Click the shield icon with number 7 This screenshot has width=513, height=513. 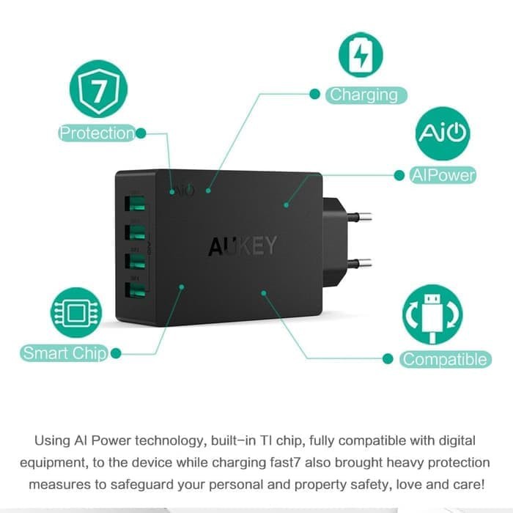pos(98,89)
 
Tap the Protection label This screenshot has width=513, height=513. pos(97,133)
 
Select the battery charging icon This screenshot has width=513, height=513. pos(361,54)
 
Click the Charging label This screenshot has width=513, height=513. pos(363,95)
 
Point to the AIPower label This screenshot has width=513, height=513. pos(443,175)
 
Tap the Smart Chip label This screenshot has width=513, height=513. pos(64,353)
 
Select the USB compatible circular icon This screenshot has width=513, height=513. pos(432,314)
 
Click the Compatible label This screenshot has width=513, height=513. pos(445,359)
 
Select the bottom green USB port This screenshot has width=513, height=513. pos(136,290)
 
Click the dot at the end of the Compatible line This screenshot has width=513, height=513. pos(388,358)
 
